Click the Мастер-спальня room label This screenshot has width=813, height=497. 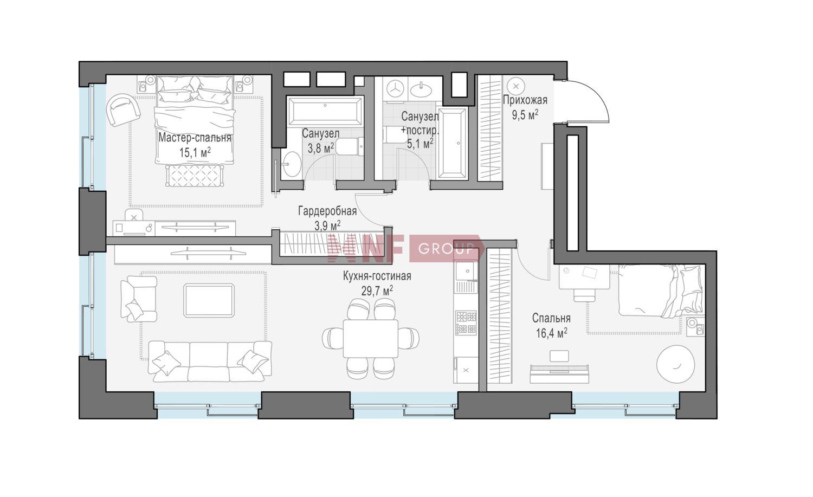click(195, 138)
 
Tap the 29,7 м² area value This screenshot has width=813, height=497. click(377, 291)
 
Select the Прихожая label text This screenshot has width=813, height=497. click(525, 100)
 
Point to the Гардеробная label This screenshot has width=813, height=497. click(327, 211)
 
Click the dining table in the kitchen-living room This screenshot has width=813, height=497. click(371, 338)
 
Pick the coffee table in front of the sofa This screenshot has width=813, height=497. click(209, 300)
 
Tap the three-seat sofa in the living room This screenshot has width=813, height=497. click(210, 361)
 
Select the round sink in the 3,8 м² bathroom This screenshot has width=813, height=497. click(292, 164)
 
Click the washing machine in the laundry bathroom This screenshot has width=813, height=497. click(396, 88)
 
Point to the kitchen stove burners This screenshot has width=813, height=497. click(466, 322)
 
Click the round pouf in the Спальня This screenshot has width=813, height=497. click(675, 364)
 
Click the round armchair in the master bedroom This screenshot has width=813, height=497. click(122, 110)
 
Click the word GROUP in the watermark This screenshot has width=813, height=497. click(446, 249)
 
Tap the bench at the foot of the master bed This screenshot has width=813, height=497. click(193, 176)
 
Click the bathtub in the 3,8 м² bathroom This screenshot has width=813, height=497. click(325, 111)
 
